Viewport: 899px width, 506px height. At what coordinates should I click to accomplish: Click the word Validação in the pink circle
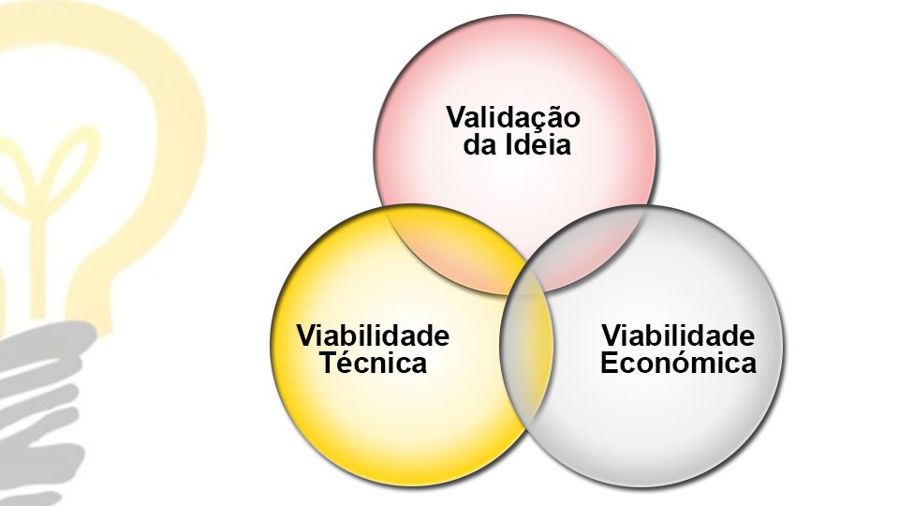[513, 118]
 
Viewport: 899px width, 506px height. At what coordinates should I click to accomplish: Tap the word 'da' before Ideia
[480, 144]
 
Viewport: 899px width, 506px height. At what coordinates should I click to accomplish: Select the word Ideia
[538, 144]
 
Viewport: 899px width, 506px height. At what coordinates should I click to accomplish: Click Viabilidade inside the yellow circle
[373, 335]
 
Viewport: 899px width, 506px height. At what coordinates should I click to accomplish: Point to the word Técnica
[374, 363]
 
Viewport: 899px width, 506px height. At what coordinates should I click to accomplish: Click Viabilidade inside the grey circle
[678, 335]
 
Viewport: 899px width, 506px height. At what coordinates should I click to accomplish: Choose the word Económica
[678, 363]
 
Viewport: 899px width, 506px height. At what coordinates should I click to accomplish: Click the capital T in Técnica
[330, 363]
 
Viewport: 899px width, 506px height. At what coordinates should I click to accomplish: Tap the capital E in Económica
[610, 363]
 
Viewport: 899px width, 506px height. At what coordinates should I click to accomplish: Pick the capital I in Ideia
[508, 144]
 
